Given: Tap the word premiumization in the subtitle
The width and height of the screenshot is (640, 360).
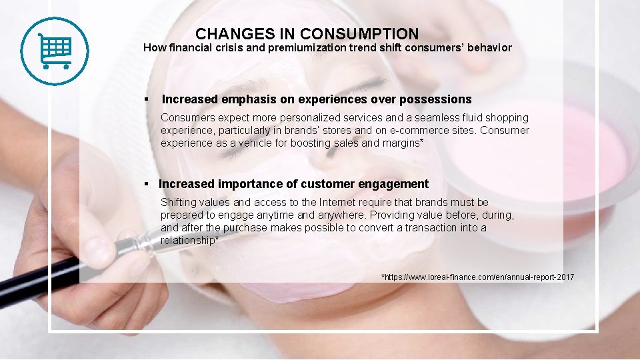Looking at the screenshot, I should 308,48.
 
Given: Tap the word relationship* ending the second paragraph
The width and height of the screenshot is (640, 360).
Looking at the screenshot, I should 189,241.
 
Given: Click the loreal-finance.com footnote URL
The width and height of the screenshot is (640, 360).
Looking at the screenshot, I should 477,277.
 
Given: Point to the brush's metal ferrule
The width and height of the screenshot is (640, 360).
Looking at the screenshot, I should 140,243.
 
